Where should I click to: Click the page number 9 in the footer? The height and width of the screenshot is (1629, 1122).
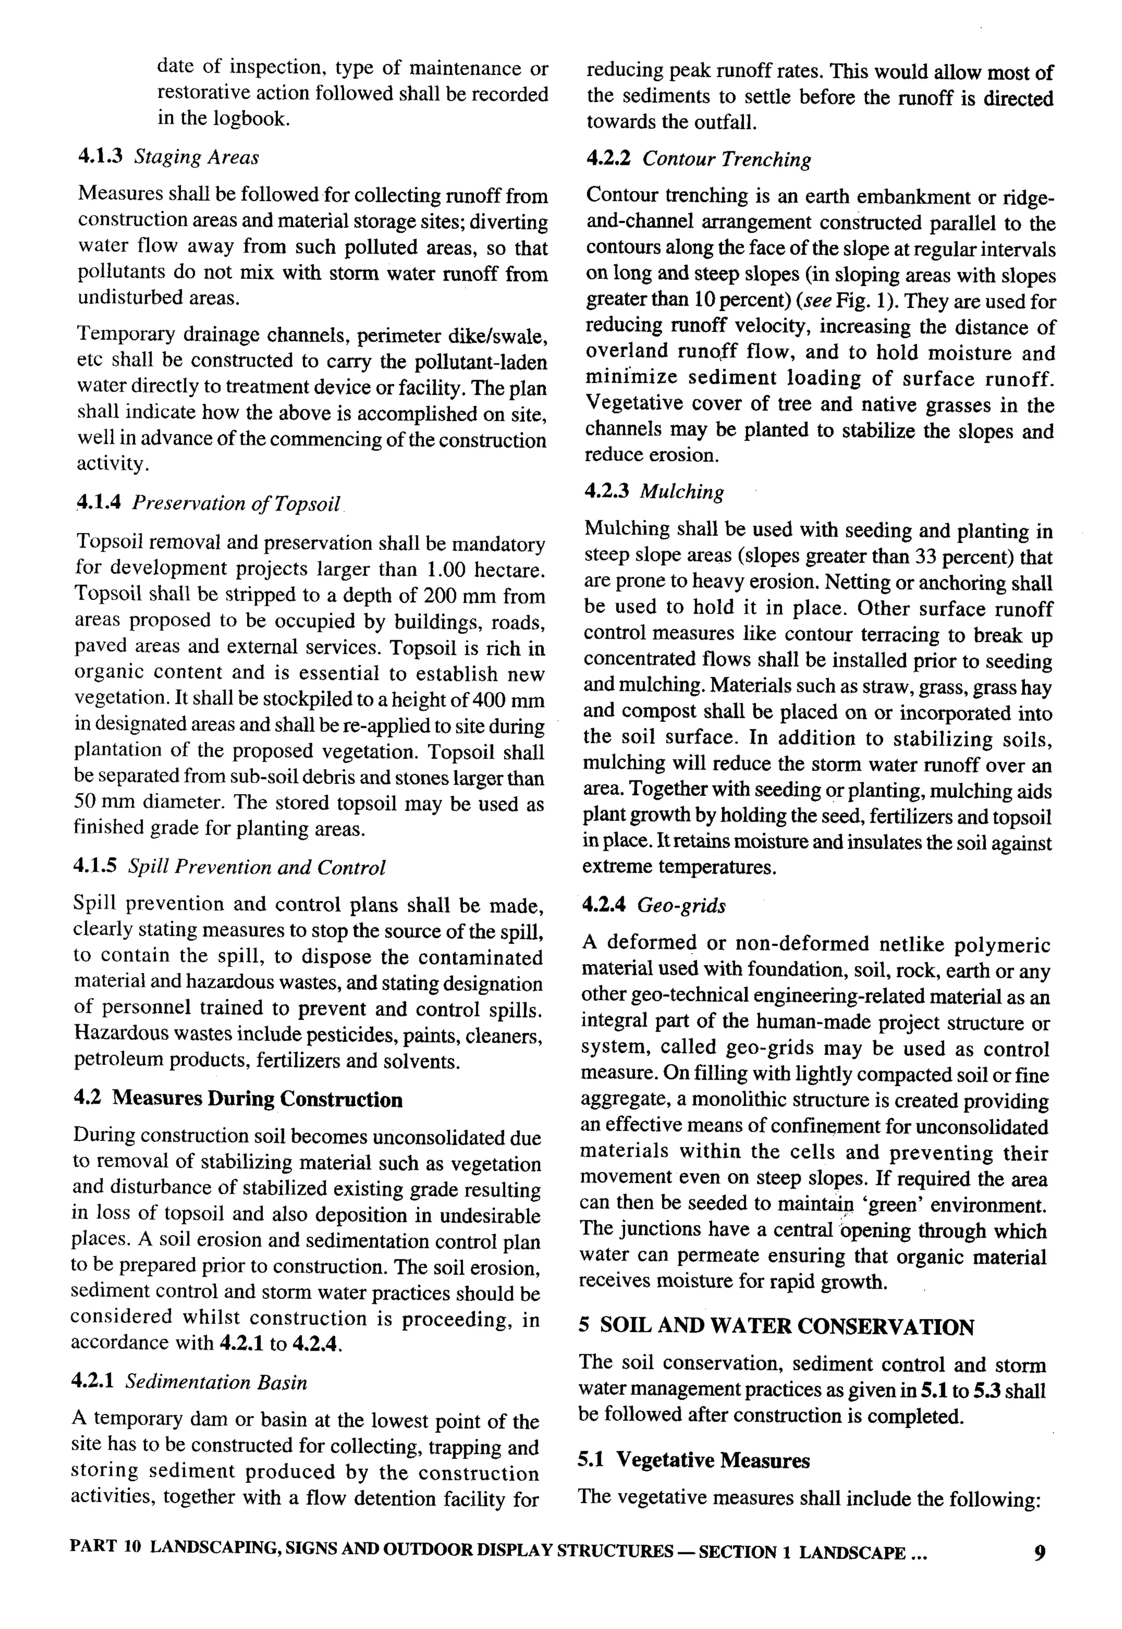1040,1552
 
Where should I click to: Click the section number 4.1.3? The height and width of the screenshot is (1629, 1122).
100,156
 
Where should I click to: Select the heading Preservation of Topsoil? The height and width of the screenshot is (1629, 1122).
236,503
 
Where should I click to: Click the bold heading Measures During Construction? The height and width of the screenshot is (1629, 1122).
257,1099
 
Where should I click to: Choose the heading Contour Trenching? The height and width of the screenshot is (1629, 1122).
726,159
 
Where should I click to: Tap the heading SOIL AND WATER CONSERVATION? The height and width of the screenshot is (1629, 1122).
787,1327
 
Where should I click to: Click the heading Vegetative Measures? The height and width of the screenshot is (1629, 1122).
713,1460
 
